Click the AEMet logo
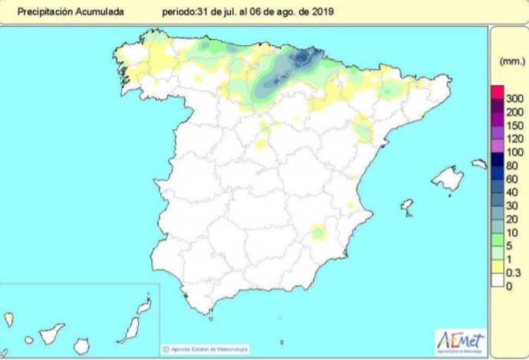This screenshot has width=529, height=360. [x=459, y=340]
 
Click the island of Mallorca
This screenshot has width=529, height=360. [x=446, y=179]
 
